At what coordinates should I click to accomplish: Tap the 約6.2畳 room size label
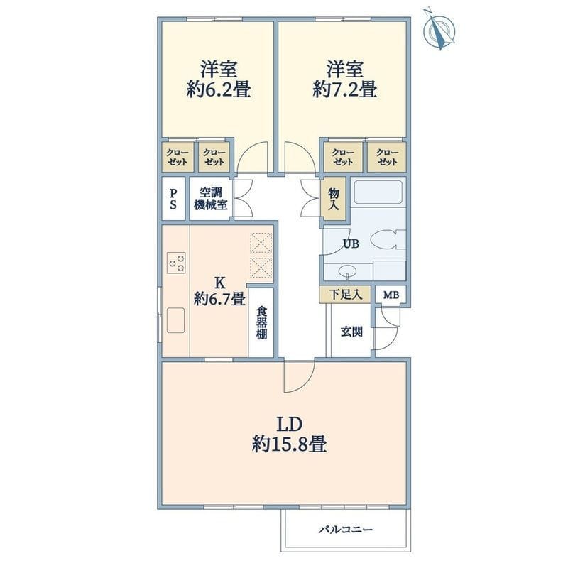coord(219,89)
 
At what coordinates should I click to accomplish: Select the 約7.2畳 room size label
coord(345,89)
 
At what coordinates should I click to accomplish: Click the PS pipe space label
coord(173,199)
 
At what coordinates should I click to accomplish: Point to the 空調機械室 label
coord(211,199)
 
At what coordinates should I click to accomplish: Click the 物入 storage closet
coord(334,199)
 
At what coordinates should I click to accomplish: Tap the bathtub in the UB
coord(378,192)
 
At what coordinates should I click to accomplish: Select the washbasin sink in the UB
coord(347,271)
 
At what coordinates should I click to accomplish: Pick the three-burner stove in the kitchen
coord(176,263)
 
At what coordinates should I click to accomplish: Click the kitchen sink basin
coord(175,320)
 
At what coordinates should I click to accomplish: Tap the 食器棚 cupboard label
coord(261,323)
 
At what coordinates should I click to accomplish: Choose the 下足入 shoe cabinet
coord(345,294)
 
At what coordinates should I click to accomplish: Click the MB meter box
coord(391,295)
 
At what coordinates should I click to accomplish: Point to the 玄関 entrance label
coord(351,332)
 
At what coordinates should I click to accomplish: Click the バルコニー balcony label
coord(346,530)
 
